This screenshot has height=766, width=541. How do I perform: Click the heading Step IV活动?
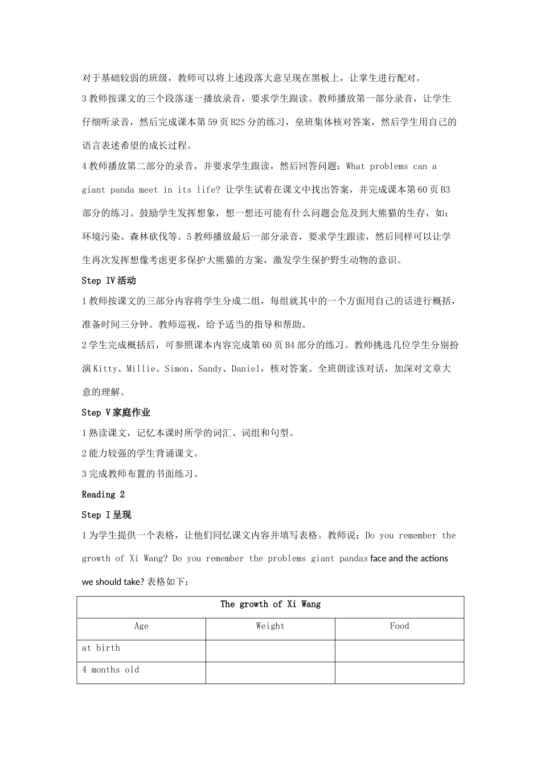(x=109, y=280)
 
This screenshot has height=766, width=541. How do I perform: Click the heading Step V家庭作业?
(x=116, y=412)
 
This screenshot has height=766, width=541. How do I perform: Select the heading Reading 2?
(x=103, y=494)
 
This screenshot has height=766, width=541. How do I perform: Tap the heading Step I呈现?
(x=106, y=515)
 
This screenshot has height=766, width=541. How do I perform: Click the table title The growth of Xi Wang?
(x=270, y=604)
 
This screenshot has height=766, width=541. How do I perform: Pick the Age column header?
(x=141, y=626)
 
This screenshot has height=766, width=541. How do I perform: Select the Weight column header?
(x=270, y=626)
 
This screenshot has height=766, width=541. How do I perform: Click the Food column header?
(x=399, y=626)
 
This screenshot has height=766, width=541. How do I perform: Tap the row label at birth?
(x=101, y=647)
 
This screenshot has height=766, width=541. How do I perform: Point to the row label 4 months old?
(x=110, y=670)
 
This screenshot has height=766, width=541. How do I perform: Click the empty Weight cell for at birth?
(x=270, y=650)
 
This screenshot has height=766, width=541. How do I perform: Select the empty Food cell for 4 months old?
(x=399, y=673)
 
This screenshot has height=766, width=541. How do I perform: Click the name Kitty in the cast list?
(x=104, y=369)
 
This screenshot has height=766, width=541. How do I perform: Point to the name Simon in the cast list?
(x=177, y=369)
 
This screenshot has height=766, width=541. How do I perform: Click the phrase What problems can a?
(x=391, y=166)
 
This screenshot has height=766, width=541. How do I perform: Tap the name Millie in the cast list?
(x=140, y=369)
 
